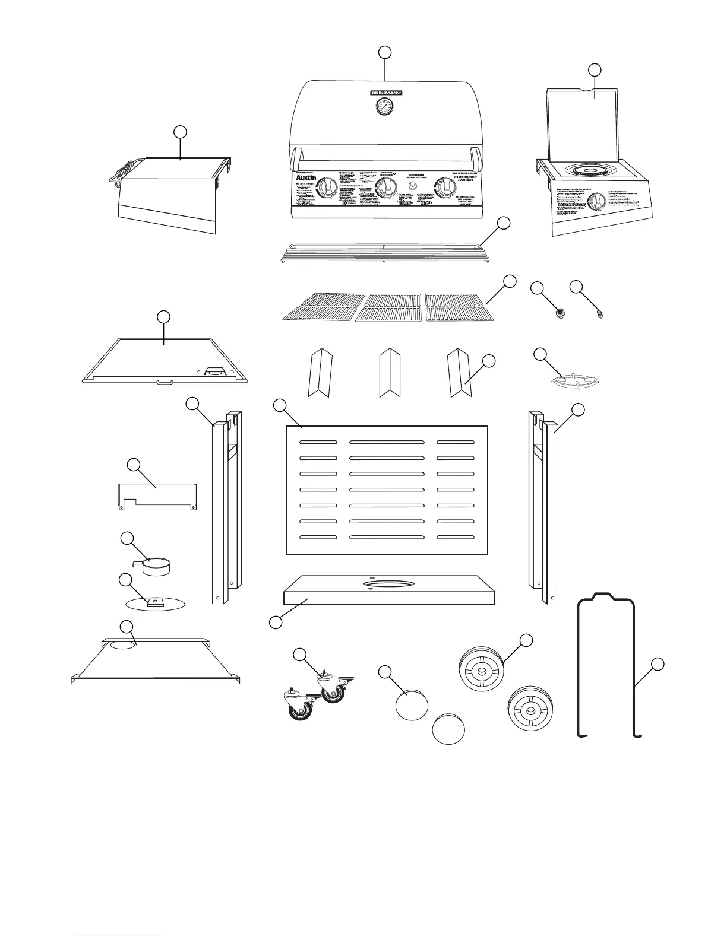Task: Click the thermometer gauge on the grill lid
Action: pos(384,107)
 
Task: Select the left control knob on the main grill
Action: pos(325,188)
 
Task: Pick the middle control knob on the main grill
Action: pos(386,189)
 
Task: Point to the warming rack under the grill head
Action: pos(384,252)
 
